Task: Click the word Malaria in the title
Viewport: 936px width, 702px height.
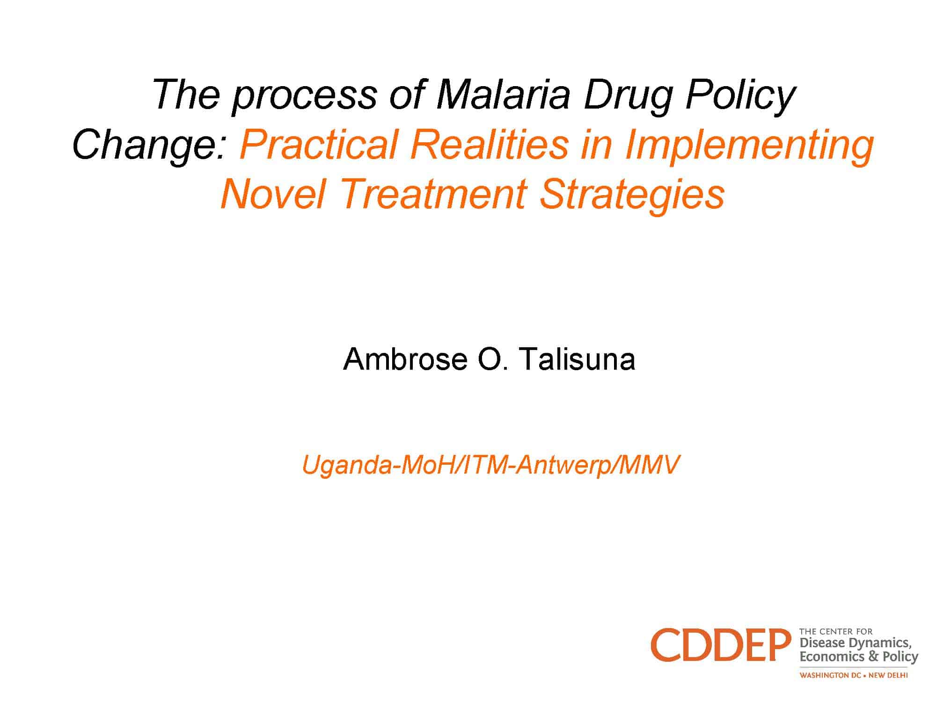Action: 503,95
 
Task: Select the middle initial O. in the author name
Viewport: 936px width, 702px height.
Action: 493,359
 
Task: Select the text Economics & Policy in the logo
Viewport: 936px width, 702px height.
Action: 859,657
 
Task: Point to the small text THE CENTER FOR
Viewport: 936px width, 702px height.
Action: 836,632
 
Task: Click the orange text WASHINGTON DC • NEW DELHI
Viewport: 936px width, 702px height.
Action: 854,675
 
